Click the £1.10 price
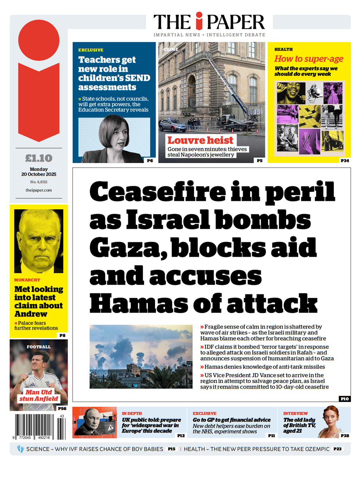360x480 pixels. (39, 158)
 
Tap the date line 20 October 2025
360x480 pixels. (39, 174)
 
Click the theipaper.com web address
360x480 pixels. (39, 190)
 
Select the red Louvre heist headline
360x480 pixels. (200, 141)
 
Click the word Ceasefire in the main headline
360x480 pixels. (157, 192)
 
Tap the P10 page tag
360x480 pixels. (345, 398)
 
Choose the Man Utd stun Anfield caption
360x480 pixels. (39, 395)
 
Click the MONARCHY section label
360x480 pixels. (27, 280)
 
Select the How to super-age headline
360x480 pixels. (309, 59)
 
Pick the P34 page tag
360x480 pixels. (345, 161)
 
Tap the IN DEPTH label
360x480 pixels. (132, 414)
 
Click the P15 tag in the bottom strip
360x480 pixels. (172, 449)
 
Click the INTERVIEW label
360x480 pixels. (295, 414)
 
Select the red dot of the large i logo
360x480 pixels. (39, 40)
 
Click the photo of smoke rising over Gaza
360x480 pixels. (141, 357)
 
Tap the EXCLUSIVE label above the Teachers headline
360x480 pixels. (91, 50)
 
